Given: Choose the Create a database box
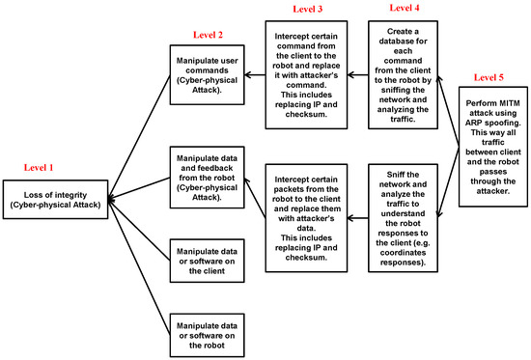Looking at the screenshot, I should click(x=405, y=72).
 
